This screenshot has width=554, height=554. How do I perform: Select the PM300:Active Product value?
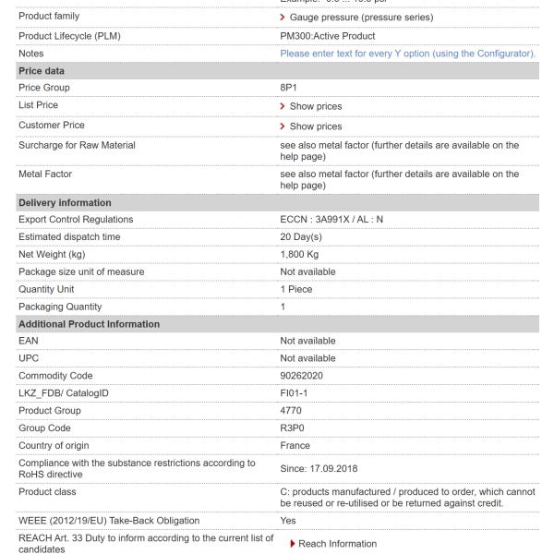click(x=328, y=35)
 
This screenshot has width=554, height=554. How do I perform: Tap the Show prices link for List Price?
click(x=316, y=107)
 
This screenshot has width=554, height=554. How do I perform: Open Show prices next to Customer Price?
click(x=316, y=126)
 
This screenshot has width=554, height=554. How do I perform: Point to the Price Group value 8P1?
click(x=290, y=88)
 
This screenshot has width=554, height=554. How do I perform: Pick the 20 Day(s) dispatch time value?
click(x=307, y=237)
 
